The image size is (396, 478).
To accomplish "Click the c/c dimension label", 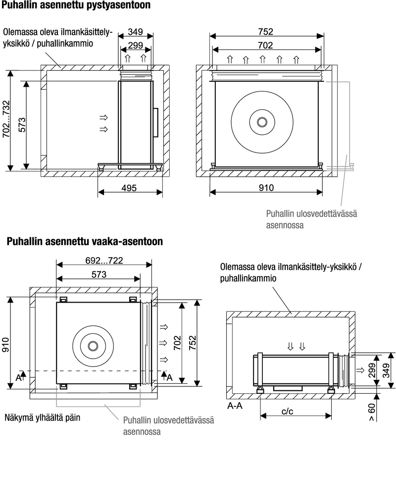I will coord(287,411).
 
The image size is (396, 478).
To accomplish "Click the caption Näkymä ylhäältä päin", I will coord(43,418).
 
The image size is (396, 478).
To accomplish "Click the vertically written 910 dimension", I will coord(6,344).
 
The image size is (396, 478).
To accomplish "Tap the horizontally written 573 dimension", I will coord(99,274).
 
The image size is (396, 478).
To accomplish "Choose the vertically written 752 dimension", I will coord(193,343).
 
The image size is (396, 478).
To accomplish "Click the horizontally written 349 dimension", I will coord(135,32).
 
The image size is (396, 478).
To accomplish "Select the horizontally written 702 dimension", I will coord(265,45).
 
